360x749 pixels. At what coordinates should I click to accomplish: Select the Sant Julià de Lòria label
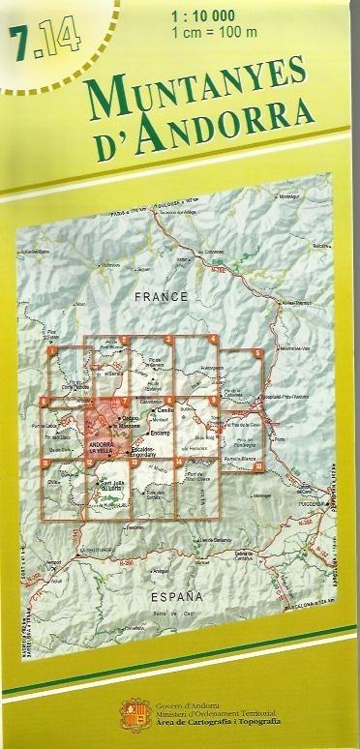click(119, 486)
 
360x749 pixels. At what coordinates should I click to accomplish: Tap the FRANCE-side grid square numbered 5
click(257, 353)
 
